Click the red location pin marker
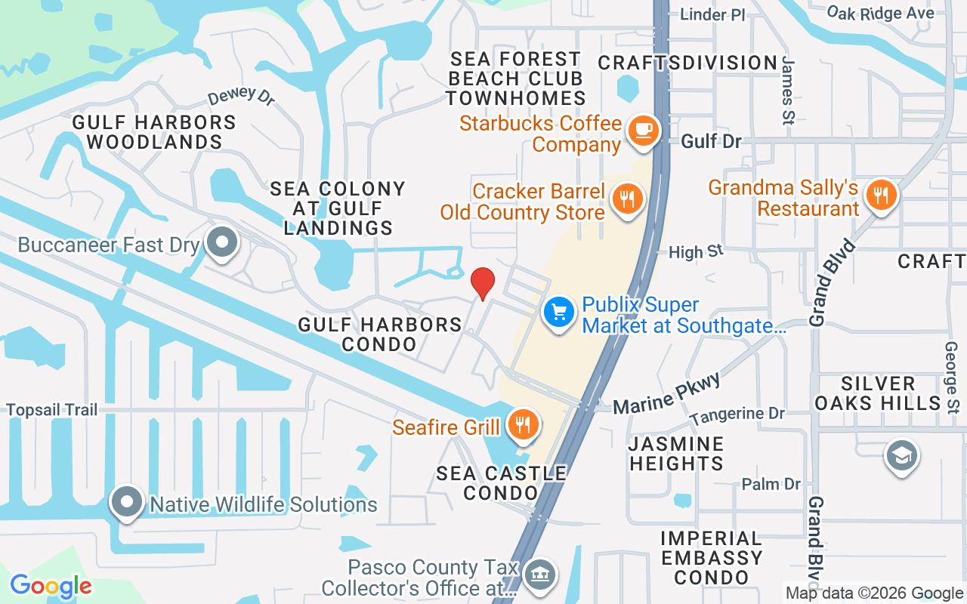(483, 282)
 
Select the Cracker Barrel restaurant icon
(627, 199)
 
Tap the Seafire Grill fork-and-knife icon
(522, 424)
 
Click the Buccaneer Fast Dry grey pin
(222, 243)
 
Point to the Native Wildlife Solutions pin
(126, 501)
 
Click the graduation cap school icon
(902, 455)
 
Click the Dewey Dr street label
(241, 97)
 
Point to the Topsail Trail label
(52, 410)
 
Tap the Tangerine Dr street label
(737, 414)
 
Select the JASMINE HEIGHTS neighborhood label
(677, 453)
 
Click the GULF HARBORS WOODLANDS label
(154, 131)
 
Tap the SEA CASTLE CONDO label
(502, 482)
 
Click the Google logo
(51, 586)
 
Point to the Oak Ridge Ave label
(880, 13)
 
